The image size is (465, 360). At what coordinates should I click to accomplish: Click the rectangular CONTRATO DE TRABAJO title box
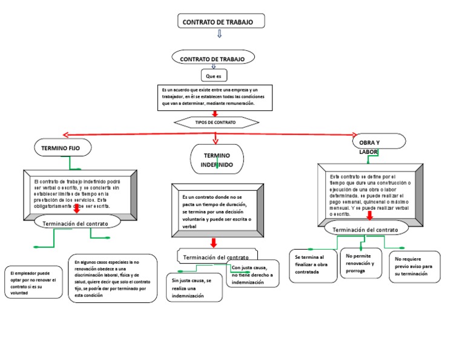(222, 22)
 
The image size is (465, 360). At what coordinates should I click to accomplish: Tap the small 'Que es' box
(214, 76)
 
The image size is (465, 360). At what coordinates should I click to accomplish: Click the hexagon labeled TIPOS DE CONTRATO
(215, 122)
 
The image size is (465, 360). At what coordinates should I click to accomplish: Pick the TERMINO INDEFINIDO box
(217, 160)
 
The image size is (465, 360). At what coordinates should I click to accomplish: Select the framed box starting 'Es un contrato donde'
(217, 210)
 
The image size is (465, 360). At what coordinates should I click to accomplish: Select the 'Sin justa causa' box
(193, 288)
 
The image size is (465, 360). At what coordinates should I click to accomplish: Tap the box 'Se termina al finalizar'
(313, 265)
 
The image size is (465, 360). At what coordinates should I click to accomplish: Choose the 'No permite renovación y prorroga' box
(361, 263)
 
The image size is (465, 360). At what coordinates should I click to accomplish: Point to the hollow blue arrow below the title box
(219, 35)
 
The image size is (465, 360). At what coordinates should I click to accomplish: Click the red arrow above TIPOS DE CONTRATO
(214, 113)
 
